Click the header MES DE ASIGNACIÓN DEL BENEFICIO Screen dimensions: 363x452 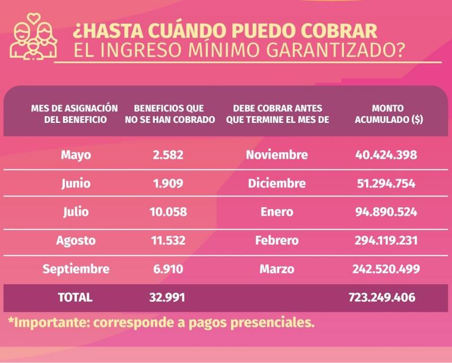(x=75, y=114)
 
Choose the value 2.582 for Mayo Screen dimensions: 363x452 (x=168, y=155)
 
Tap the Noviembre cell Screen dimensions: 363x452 (x=277, y=155)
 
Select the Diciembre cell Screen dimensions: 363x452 (x=277, y=183)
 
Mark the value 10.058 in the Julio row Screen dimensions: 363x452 (x=168, y=212)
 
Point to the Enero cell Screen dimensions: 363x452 (x=277, y=212)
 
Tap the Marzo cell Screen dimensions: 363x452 (x=277, y=269)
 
